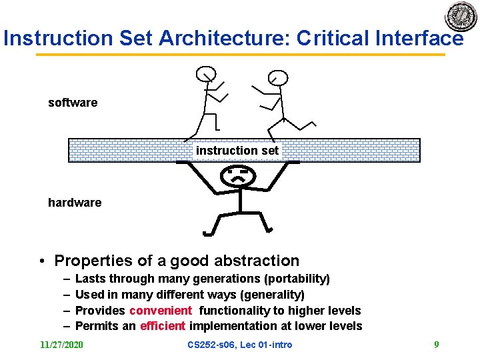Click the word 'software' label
tap(73, 103)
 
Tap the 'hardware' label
tap(75, 203)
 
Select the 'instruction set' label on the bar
tap(237, 151)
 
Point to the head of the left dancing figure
tap(206, 73)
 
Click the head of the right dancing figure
tap(279, 78)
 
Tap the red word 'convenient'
tap(161, 311)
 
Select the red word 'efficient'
tap(163, 326)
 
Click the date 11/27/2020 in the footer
tap(62, 345)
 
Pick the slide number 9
tap(437, 345)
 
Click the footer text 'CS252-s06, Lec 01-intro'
tap(239, 345)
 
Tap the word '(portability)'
tap(296, 279)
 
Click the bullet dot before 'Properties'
tap(41, 261)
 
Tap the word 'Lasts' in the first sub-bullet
tap(91, 279)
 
